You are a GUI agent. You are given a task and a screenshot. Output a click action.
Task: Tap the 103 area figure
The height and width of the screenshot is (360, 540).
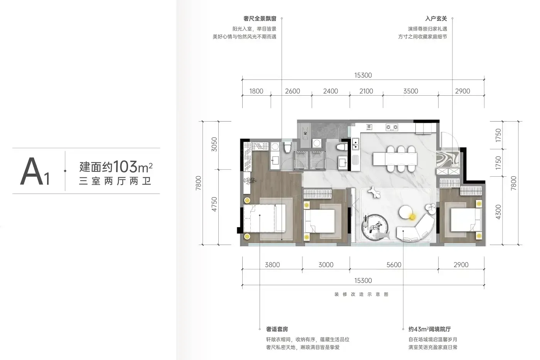coord(125,166)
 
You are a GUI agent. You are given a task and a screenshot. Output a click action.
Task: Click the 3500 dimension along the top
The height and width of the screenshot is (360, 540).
coord(410,91)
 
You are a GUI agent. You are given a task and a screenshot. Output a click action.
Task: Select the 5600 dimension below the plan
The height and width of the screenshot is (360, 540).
coord(394,265)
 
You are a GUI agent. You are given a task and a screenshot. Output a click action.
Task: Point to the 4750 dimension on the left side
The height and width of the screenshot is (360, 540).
coord(214,205)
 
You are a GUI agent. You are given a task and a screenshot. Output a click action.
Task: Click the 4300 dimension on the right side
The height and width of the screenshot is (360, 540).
coord(498,212)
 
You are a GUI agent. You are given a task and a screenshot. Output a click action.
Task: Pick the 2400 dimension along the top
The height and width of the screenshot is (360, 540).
coord(331,91)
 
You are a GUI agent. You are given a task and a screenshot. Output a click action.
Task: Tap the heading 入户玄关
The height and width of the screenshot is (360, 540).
coord(436,19)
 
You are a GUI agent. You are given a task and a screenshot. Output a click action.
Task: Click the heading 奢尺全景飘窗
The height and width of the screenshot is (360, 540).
coord(260,19)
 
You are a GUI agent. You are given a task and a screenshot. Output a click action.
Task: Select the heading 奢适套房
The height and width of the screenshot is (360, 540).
coord(277,329)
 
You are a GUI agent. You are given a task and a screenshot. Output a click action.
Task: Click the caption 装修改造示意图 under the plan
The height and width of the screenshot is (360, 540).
coord(361,294)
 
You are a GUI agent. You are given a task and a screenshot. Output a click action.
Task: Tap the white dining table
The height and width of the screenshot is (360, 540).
coord(395,159)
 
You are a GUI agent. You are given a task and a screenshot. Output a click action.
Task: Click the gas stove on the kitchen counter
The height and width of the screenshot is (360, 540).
coord(392,127)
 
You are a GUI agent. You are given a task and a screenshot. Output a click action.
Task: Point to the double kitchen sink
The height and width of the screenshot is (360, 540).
coord(356,144)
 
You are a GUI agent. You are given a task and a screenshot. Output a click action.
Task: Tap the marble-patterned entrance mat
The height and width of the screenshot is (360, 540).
coord(448,159)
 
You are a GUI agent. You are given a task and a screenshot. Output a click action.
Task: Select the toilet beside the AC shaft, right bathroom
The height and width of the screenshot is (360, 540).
coord(342,147)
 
